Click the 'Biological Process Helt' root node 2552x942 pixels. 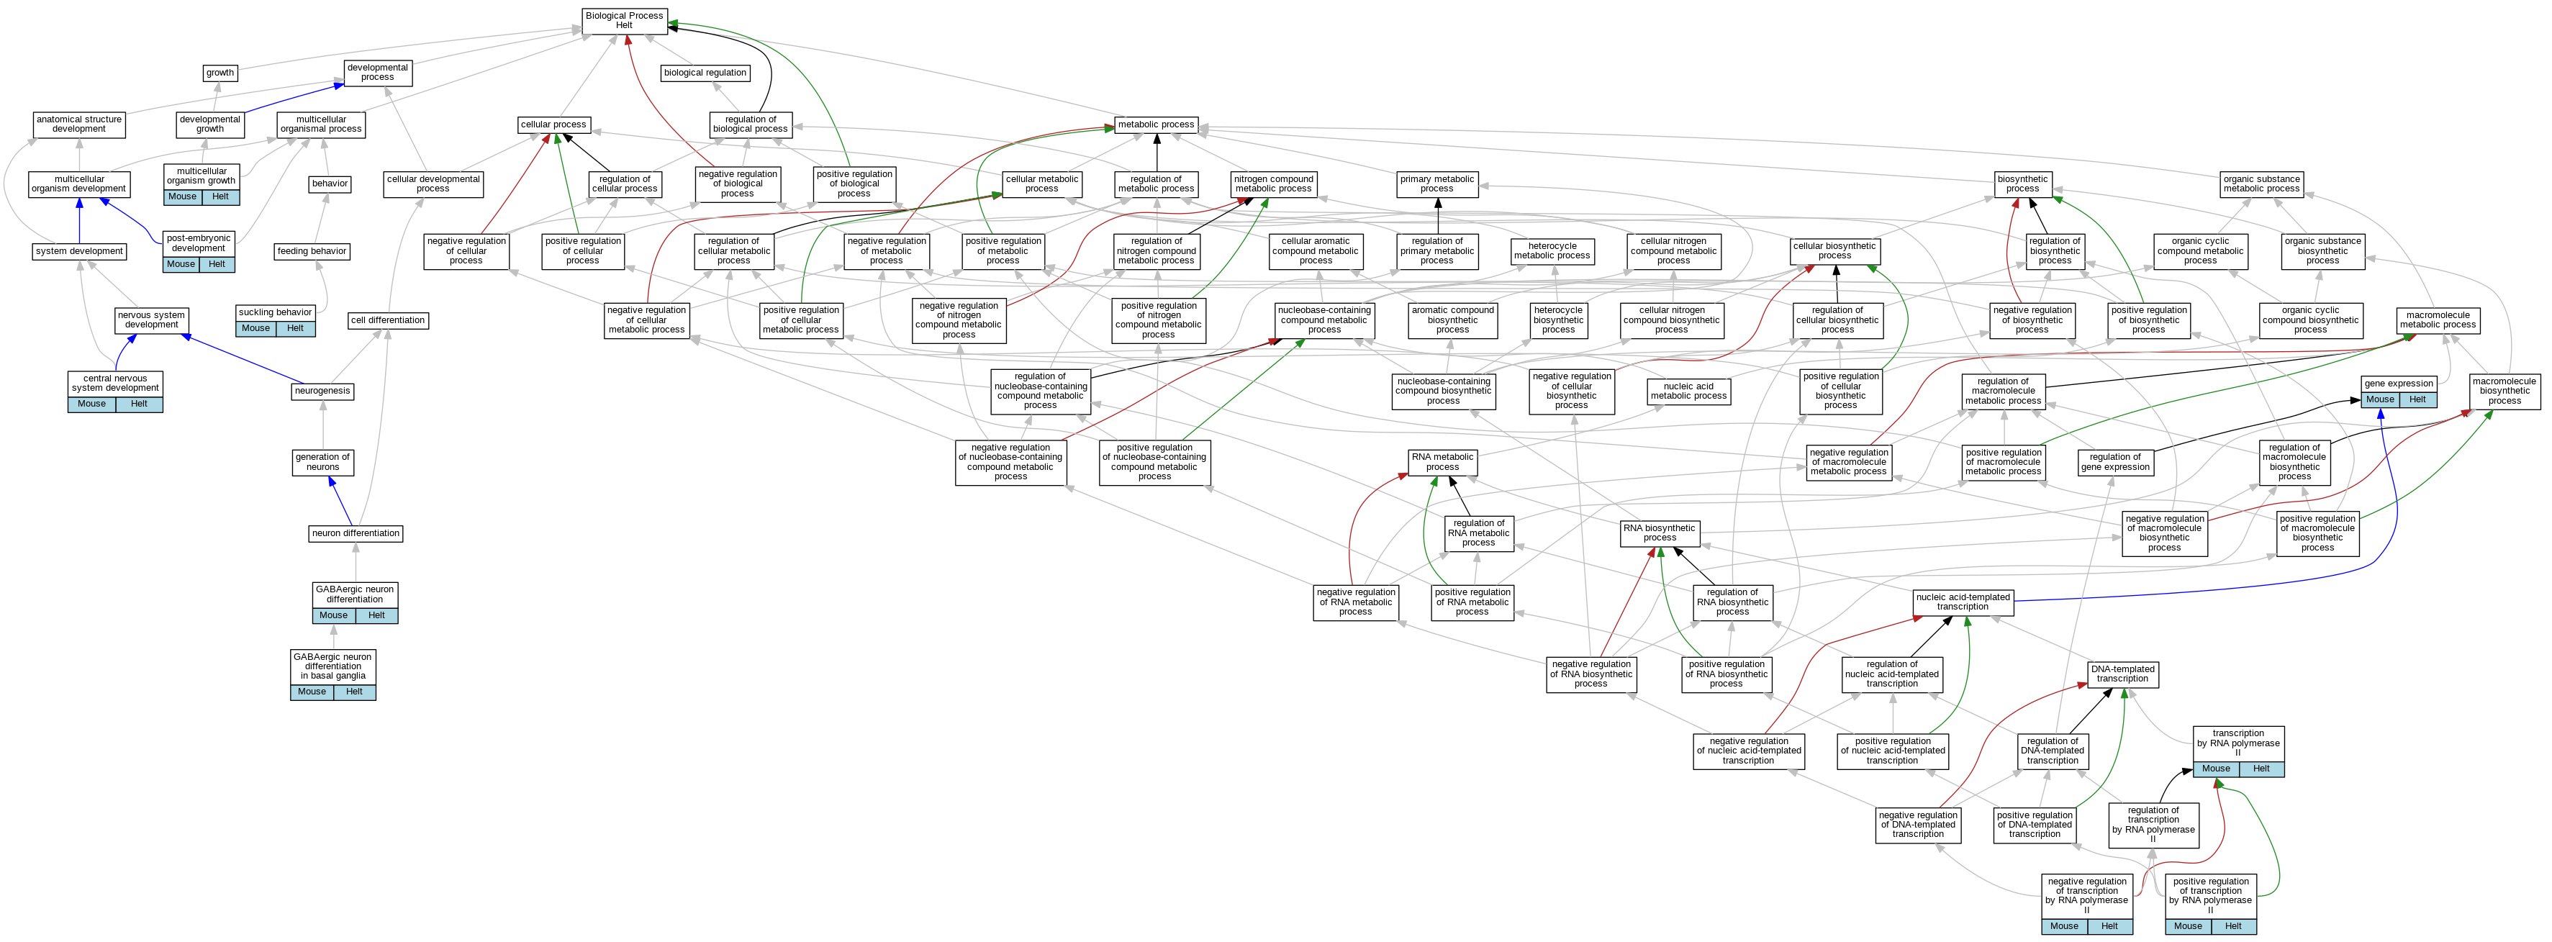point(624,20)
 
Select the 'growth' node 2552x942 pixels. point(220,72)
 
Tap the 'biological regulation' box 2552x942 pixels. point(705,72)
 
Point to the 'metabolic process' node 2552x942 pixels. point(1155,124)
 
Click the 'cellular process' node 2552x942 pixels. point(553,124)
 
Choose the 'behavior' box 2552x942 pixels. point(330,184)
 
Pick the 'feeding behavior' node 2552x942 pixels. point(312,252)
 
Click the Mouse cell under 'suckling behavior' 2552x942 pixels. point(255,329)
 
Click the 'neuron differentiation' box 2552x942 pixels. point(356,534)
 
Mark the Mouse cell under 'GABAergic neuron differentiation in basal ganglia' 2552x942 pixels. point(312,692)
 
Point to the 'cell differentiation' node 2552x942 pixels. point(389,321)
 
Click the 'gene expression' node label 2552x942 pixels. point(2399,384)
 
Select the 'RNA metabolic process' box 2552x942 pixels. point(1442,461)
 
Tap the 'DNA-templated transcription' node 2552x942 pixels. point(2122,674)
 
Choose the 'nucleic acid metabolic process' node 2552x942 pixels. point(1688,391)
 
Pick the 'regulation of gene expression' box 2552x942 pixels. point(2115,461)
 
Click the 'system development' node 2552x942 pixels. point(79,252)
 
